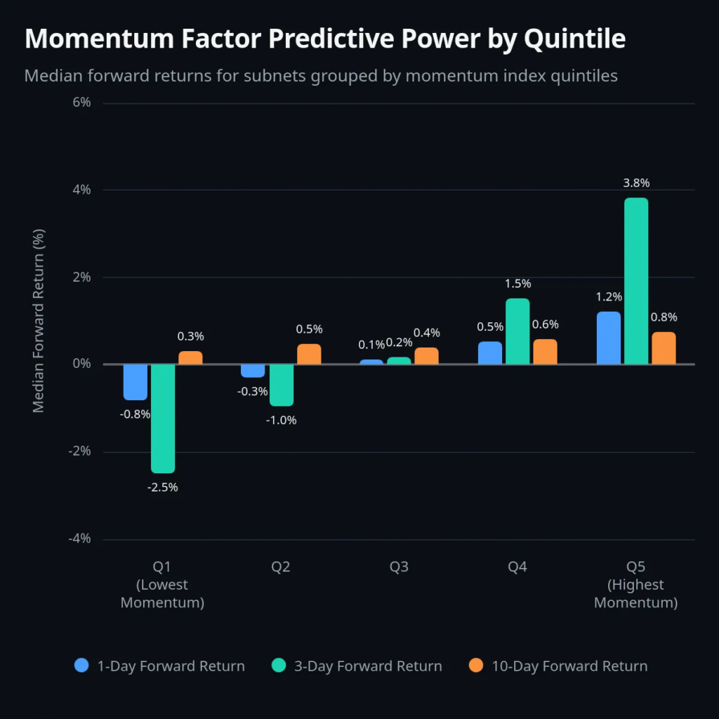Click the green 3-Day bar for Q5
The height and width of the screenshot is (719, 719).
(636, 281)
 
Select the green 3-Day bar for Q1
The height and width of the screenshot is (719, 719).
(163, 418)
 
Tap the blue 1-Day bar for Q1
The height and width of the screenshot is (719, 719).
(136, 382)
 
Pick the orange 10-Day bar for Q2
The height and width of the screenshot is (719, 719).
(309, 354)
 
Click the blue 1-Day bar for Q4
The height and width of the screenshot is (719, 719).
(490, 352)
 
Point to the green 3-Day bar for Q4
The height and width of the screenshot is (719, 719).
(517, 331)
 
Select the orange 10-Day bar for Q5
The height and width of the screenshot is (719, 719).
(664, 348)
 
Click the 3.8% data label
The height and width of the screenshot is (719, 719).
(636, 183)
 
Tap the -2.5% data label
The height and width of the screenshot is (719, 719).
(163, 487)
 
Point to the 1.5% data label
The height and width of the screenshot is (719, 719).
(517, 284)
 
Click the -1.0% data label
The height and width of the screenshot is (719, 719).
(282, 420)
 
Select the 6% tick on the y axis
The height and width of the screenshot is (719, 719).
(81, 103)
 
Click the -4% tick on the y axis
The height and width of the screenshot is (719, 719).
(79, 539)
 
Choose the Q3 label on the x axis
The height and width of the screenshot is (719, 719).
(399, 567)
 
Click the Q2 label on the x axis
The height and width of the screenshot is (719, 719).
(281, 567)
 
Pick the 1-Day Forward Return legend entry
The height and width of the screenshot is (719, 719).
(160, 666)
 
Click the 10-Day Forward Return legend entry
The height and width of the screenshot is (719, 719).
(558, 666)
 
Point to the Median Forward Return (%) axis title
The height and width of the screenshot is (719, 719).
(39, 321)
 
